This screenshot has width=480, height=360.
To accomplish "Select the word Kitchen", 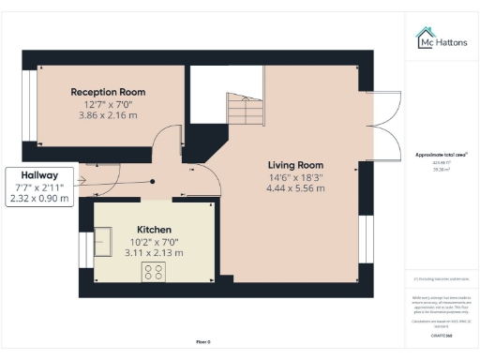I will pyautogui.click(x=155, y=230).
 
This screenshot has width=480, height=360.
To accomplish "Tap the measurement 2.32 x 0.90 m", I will pyautogui.click(x=38, y=199).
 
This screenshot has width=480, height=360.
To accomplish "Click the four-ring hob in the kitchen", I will pyautogui.click(x=154, y=272).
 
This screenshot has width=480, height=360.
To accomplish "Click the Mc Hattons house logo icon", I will pyautogui.click(x=424, y=37).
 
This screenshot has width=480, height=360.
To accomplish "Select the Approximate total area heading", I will pyautogui.click(x=442, y=154).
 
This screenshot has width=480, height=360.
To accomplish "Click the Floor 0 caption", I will pyautogui.click(x=202, y=342).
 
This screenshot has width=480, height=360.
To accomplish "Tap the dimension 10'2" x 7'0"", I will pyautogui.click(x=155, y=242).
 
